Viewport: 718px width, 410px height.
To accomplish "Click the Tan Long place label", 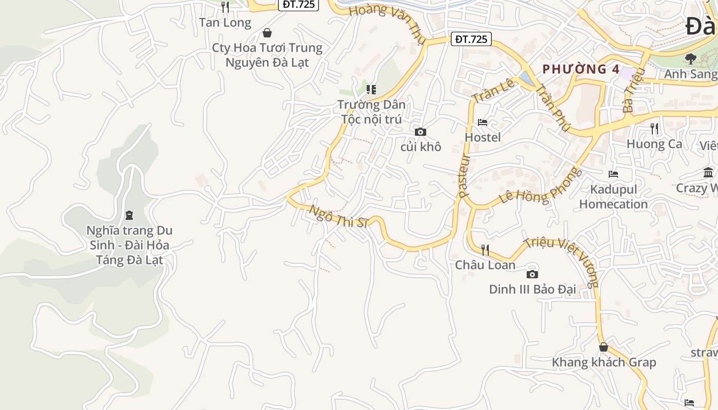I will coord(225,23).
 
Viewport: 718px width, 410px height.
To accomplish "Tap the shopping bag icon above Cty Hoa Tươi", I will coord(267,33).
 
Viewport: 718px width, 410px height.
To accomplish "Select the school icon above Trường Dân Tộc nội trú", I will coord(371,90).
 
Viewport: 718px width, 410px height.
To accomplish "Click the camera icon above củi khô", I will coord(421,132).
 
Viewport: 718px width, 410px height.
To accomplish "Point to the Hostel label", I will coord(483,137).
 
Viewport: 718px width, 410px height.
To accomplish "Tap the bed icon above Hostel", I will coord(483,122).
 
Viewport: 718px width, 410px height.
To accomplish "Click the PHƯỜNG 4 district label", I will coord(581,69).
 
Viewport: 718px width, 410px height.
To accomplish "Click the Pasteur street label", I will coord(464,176).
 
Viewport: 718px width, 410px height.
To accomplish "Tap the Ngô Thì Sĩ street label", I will coord(339,216).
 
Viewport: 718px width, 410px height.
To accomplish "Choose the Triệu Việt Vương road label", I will coord(563,261).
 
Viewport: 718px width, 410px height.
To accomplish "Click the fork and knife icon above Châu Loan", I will coord(485,250).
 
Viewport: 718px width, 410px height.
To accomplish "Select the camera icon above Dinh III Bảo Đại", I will coord(532,274).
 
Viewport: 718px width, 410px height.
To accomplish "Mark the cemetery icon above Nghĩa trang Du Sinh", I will coord(129,215).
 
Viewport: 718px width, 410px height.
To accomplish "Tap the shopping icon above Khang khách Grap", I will coord(604,347).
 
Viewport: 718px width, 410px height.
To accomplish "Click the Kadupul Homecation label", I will coord(613,197).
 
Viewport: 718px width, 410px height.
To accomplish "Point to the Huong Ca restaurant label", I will coord(654,144).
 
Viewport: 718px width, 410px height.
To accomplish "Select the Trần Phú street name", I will coord(552,108).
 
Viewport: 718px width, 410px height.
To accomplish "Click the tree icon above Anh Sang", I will coord(691,59).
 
